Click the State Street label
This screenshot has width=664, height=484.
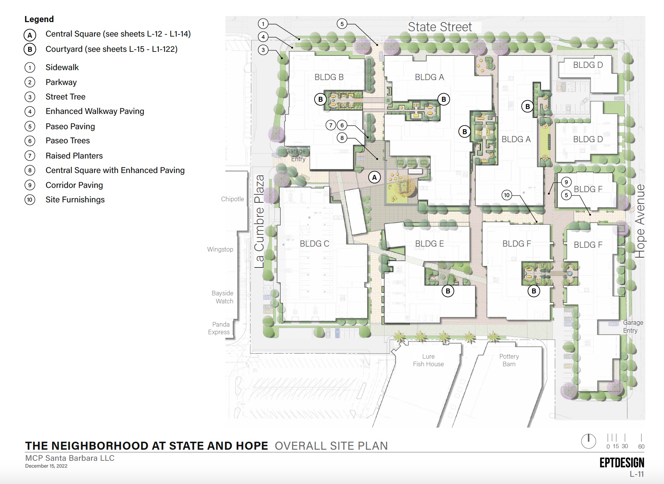click(x=440, y=27)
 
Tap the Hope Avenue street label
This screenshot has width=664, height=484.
click(x=640, y=221)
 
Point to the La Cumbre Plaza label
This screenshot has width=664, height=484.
click(x=259, y=221)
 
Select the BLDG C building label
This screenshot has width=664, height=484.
click(x=314, y=244)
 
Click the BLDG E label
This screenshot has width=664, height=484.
click(x=429, y=244)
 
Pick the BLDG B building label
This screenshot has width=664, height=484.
click(x=329, y=77)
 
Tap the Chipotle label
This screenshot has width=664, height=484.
click(x=232, y=199)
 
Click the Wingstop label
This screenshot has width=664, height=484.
click(x=220, y=249)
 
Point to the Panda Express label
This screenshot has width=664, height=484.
click(x=219, y=328)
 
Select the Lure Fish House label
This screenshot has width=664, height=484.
click(x=428, y=360)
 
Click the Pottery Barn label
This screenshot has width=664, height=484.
click(x=509, y=360)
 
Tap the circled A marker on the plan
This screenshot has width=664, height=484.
click(x=375, y=177)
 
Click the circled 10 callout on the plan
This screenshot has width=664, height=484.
click(x=506, y=195)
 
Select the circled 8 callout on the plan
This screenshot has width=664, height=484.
click(x=342, y=138)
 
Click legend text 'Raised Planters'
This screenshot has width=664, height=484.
click(x=74, y=155)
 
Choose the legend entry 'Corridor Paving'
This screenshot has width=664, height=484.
click(x=74, y=185)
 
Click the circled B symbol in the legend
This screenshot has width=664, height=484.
click(x=30, y=49)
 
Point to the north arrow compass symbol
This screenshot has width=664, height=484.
click(x=588, y=441)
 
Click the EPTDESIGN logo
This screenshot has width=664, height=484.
click(x=622, y=462)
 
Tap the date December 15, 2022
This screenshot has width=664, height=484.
click(x=46, y=466)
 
